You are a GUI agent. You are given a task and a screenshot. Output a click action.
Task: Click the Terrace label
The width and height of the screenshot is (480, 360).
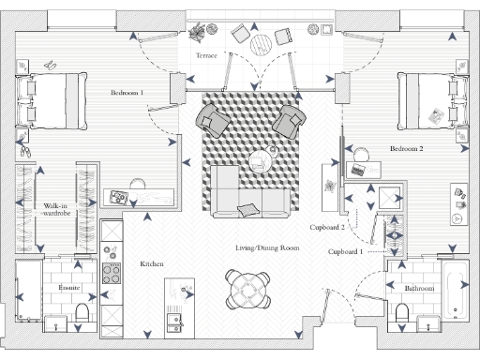[x=206, y=56]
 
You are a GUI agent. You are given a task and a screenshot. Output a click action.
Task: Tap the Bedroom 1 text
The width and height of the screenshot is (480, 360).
[x=127, y=93]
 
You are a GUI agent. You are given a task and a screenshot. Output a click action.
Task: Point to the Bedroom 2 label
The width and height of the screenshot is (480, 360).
[x=407, y=149]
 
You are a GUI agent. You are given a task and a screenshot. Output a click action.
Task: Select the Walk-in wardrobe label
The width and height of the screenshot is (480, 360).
[x=58, y=210]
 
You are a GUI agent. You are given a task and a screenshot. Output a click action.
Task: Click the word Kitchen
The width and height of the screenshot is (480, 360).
[x=152, y=265]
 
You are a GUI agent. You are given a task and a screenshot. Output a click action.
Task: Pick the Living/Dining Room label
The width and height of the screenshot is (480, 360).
[x=267, y=248]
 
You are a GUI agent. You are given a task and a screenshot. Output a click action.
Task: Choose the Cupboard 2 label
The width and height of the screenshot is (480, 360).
[x=329, y=227]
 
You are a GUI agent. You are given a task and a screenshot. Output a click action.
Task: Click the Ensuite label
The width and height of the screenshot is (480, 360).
[x=68, y=287]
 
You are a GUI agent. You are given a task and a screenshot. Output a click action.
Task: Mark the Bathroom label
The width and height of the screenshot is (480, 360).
[x=420, y=289]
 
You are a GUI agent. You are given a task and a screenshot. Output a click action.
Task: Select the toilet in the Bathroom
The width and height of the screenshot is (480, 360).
[x=422, y=321]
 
